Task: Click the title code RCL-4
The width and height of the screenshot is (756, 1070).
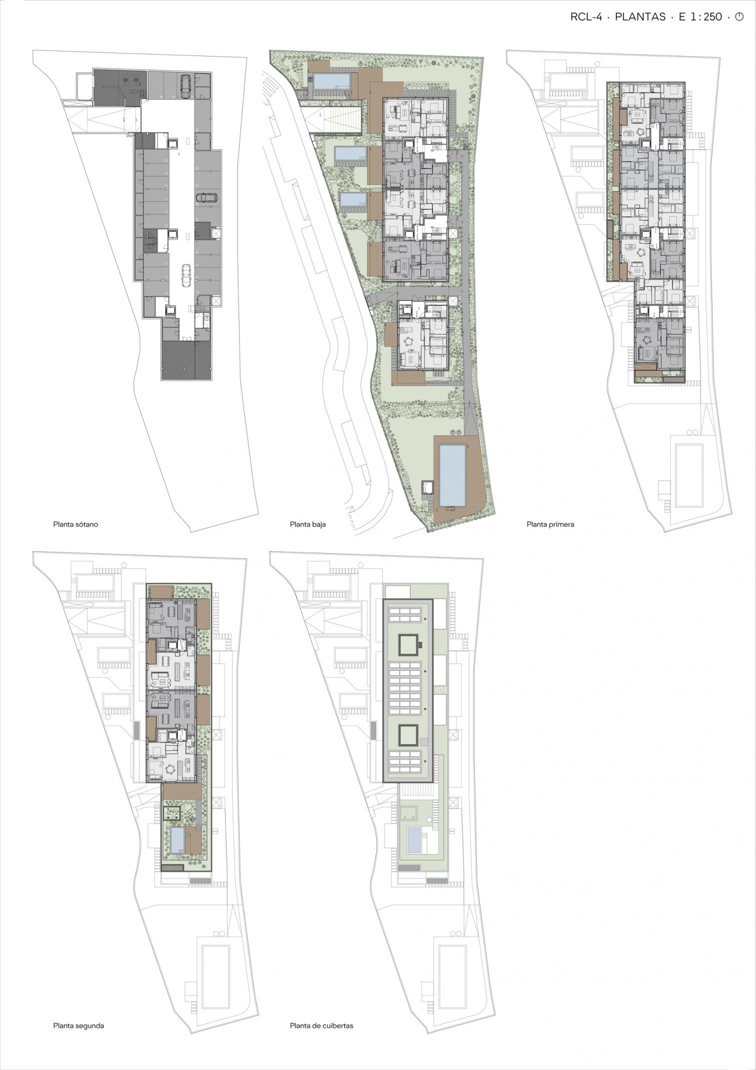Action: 585,16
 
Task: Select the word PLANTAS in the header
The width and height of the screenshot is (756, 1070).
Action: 640,16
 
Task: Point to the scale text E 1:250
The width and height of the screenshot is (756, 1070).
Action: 700,16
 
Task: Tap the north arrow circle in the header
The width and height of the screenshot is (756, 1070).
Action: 739,16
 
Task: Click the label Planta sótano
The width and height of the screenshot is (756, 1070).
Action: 75,524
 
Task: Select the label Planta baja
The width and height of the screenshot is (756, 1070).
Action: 307,524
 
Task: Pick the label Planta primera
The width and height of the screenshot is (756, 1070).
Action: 550,524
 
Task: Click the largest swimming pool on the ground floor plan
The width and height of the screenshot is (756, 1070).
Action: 452,475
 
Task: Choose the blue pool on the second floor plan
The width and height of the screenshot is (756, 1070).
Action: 177,840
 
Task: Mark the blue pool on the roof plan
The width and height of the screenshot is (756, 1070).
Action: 414,840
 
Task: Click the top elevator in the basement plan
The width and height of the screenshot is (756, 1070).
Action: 173,142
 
